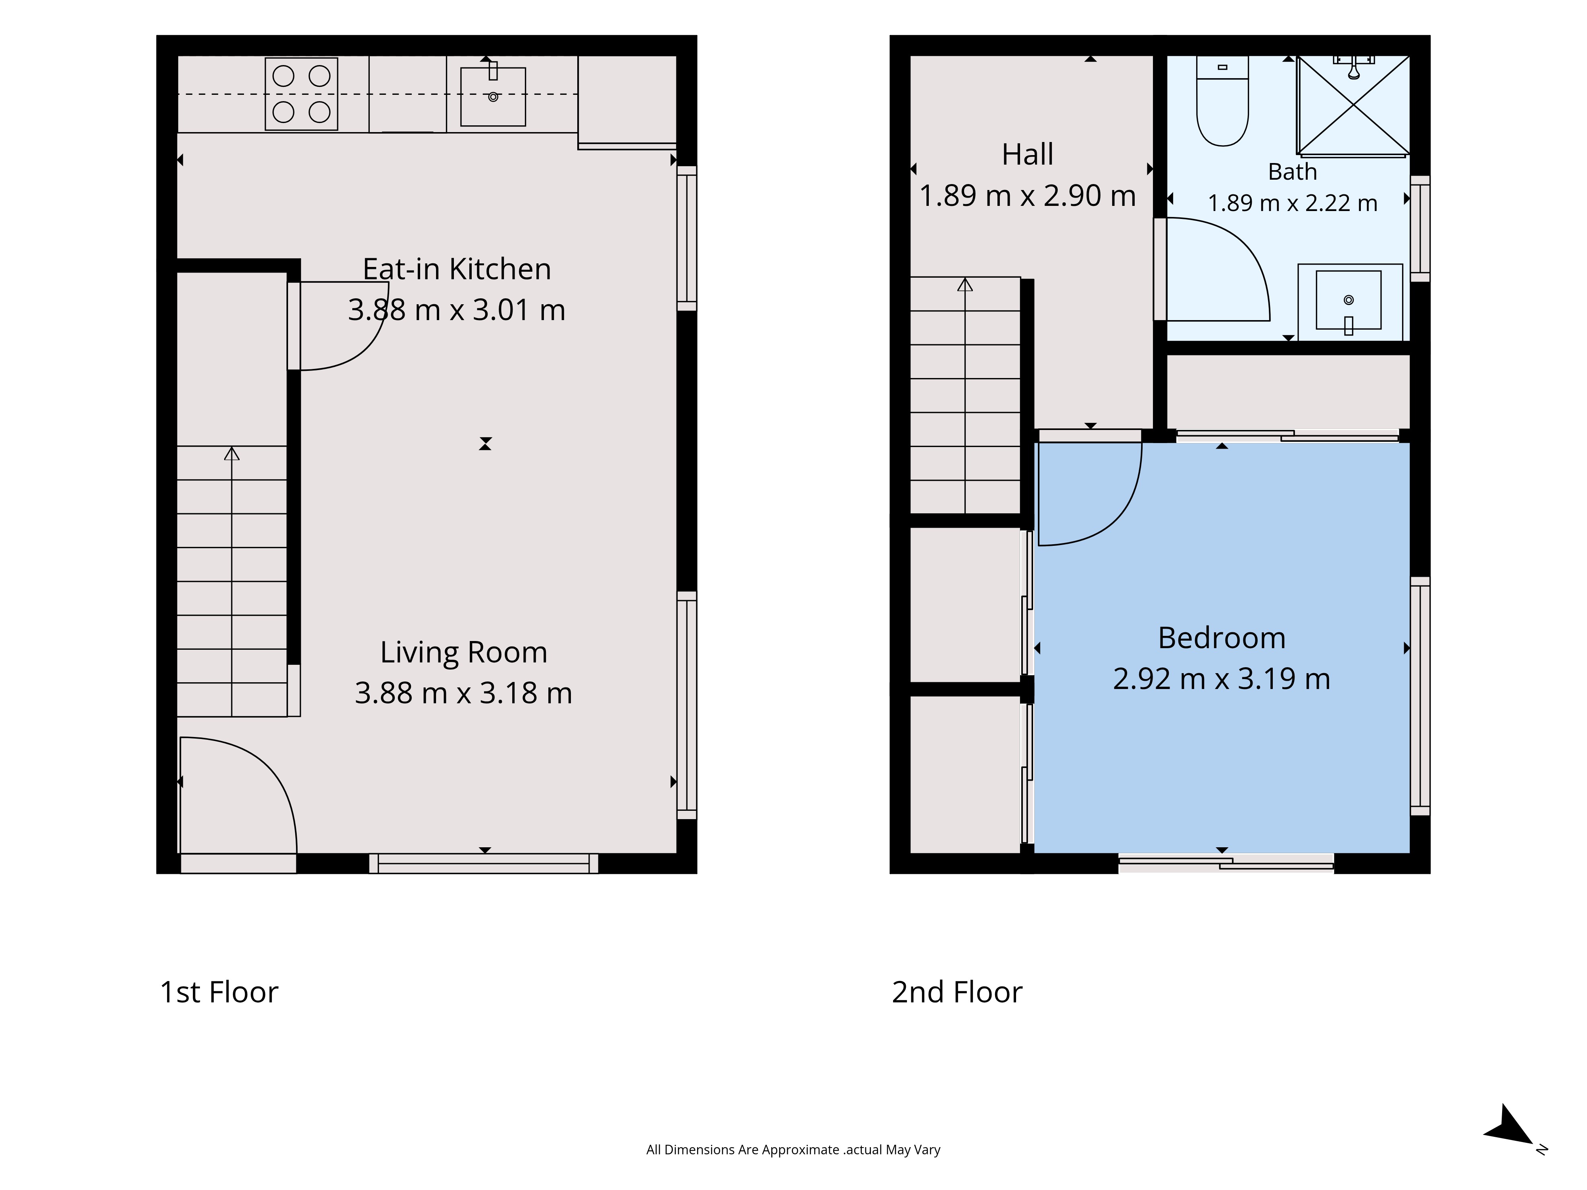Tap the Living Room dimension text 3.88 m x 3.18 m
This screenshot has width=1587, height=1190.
[463, 693]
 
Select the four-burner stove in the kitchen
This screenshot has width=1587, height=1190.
[301, 94]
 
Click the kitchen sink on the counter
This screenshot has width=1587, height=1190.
[493, 96]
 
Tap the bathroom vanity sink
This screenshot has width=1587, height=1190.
[1349, 301]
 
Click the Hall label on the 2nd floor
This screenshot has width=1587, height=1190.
[1028, 154]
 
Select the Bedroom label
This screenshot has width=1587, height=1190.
[1222, 638]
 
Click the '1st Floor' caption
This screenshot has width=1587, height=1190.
[219, 992]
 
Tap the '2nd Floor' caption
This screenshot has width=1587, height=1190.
[957, 992]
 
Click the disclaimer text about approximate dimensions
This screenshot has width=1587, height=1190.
[793, 1150]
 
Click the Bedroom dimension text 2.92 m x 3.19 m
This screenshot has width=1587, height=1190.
[1222, 679]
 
